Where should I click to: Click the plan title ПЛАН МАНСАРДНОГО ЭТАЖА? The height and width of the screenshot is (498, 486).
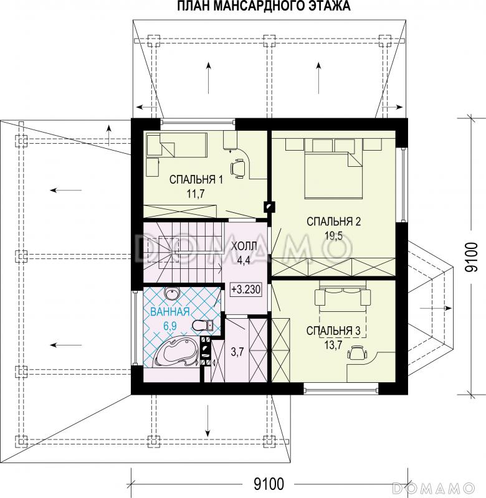coord(264,6)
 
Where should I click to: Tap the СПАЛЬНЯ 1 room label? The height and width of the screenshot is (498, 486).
coord(196,180)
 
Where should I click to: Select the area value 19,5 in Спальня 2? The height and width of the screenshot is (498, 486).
coord(333,236)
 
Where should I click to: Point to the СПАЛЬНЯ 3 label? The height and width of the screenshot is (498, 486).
coord(333,331)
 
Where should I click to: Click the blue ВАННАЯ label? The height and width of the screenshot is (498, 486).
coord(169,312)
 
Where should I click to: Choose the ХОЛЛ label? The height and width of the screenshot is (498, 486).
coord(244,247)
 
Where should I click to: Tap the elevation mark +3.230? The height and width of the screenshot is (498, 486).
coord(246,289)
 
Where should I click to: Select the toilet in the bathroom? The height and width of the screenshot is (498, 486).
coord(202,325)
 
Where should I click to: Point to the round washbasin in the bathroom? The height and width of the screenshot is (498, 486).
coord(171,293)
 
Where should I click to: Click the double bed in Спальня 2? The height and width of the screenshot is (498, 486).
coord(333,175)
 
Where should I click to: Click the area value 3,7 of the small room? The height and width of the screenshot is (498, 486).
coord(237,352)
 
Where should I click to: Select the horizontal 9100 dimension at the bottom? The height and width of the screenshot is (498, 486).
coord(269,484)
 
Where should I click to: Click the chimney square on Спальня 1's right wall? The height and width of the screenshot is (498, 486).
coord(269,207)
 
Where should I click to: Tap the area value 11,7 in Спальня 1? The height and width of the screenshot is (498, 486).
coord(195,194)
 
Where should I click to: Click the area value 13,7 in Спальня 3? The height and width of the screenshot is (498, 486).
coord(333,345)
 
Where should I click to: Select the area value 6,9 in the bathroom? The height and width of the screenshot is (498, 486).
coord(170,326)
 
